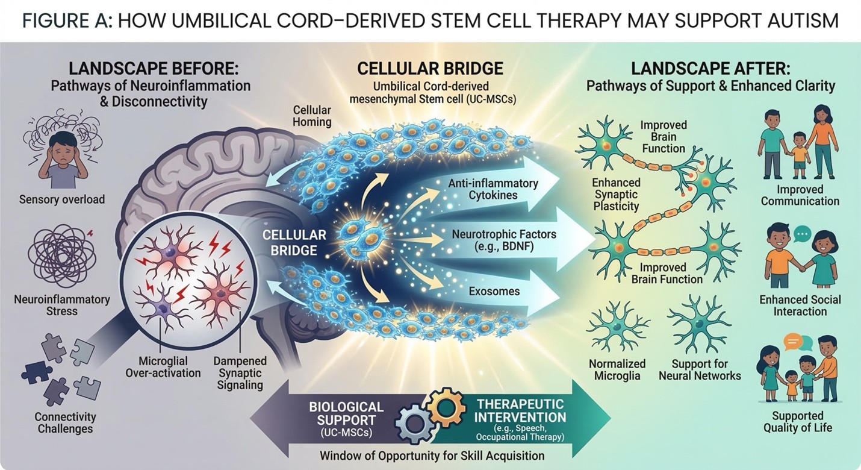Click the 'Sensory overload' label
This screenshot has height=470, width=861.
tap(61, 199)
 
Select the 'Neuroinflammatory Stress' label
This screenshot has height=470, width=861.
tap(62, 305)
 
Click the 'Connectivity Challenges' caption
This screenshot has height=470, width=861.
tap(66, 422)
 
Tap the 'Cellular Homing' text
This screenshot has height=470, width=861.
tap(312, 116)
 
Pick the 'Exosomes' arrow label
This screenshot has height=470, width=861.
tap(494, 292)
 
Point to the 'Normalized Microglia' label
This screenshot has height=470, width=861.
tap(617, 369)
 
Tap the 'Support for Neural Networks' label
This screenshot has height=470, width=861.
tap(700, 369)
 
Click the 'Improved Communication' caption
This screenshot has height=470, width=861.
tap(800, 195)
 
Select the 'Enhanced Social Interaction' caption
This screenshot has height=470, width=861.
tap(800, 305)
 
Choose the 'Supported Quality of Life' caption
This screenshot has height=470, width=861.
tap(798, 422)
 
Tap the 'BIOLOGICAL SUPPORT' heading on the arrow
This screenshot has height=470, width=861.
tap(346, 413)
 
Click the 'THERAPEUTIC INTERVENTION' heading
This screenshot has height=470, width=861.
tap(521, 410)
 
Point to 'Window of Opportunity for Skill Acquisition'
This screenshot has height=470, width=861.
tap(432, 455)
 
